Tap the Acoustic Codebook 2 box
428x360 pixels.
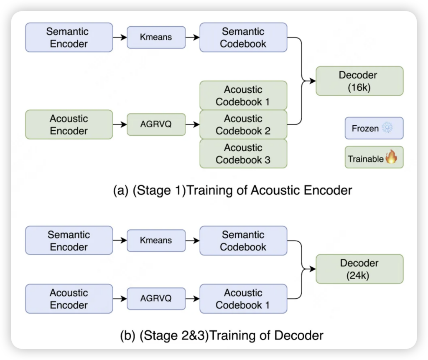point(243,124)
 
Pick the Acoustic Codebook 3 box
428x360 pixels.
point(243,153)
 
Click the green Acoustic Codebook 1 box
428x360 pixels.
point(243,95)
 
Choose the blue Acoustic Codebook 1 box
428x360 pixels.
point(243,299)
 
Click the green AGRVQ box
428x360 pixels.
point(156,124)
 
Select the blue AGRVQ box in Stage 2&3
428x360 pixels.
point(156,299)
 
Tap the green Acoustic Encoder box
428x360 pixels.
point(69,124)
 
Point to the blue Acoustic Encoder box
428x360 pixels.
point(69,299)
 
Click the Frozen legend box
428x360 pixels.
point(374,128)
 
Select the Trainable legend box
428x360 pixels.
point(374,157)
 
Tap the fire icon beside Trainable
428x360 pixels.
point(391,157)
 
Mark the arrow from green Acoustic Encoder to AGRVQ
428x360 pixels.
point(120,124)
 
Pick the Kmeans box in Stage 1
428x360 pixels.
point(156,37)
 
